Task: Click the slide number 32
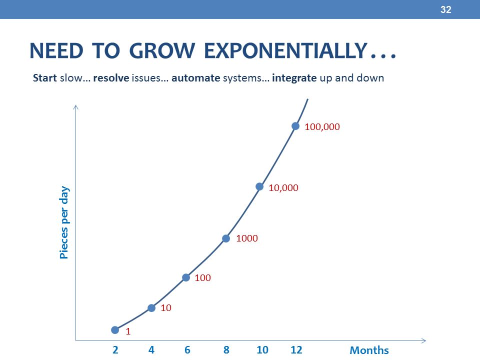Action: [445, 9]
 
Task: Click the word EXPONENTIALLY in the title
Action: [285, 50]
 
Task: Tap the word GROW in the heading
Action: [162, 50]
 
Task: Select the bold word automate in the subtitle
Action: [195, 78]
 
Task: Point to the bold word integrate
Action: [294, 78]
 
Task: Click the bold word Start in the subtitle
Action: [45, 78]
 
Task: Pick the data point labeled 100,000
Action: [295, 126]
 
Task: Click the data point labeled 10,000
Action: [259, 186]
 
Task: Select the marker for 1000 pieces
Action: [226, 238]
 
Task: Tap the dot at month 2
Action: [115, 330]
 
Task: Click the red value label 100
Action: [202, 278]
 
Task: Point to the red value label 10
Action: [166, 308]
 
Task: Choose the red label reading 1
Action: [128, 331]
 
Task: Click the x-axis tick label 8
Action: [226, 350]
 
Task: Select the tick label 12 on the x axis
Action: [296, 350]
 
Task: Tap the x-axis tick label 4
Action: [151, 350]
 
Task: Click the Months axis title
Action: [369, 350]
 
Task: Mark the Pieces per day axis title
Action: [64, 222]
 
